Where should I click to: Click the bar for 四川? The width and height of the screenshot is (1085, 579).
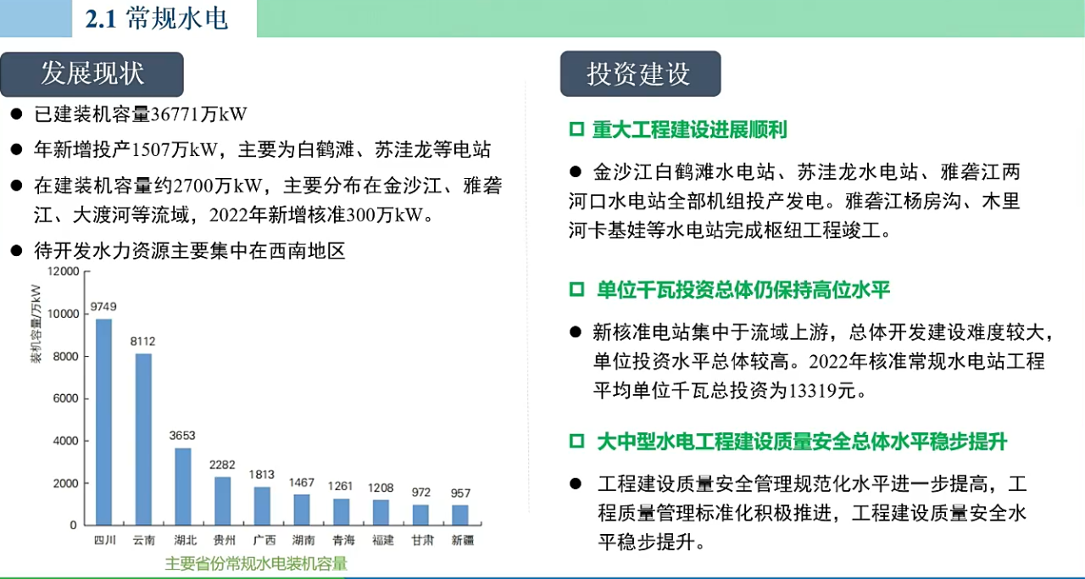click(x=103, y=421)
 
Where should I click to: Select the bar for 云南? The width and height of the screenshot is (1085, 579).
click(x=143, y=439)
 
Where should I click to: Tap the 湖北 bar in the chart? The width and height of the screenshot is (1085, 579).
click(x=183, y=487)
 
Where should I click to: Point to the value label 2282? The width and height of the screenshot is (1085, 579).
click(x=222, y=465)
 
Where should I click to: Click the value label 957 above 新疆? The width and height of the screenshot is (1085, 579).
click(x=460, y=493)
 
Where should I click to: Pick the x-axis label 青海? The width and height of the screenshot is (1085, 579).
click(x=343, y=540)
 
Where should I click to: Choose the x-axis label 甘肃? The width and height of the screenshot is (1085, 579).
click(x=422, y=540)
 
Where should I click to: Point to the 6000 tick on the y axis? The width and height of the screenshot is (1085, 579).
click(x=66, y=398)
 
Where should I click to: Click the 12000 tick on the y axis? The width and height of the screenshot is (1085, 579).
click(x=63, y=271)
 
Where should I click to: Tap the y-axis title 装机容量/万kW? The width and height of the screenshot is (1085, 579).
click(x=36, y=324)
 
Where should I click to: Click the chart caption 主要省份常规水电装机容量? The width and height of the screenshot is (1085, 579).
click(x=256, y=564)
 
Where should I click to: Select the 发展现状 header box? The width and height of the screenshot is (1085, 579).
click(x=92, y=74)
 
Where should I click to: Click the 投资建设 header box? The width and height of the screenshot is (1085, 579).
click(x=640, y=74)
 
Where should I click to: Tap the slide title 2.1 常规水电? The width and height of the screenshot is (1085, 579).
click(x=157, y=19)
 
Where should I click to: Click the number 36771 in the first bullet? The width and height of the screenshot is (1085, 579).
click(x=175, y=114)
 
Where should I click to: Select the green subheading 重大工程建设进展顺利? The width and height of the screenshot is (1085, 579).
click(x=690, y=130)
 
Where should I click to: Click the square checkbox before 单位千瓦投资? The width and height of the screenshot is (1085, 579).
click(x=577, y=290)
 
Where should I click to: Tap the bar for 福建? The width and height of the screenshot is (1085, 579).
click(x=381, y=512)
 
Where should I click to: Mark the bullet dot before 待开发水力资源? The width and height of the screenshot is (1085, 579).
click(x=16, y=250)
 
